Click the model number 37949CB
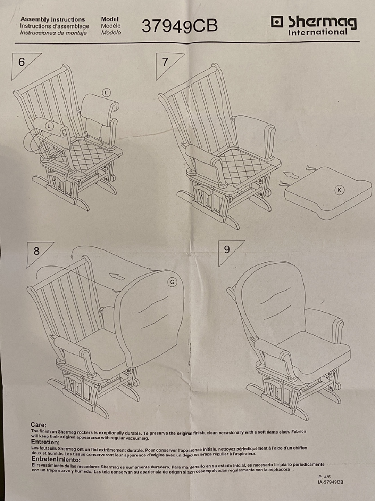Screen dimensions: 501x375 (180, 26)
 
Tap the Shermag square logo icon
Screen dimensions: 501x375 (277, 22)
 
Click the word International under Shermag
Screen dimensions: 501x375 (317, 32)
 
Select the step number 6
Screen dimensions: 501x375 (22, 62)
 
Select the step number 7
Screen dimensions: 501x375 (165, 62)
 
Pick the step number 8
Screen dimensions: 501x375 (36, 251)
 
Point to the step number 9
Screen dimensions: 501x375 (227, 249)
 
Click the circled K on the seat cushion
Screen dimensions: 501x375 (339, 190)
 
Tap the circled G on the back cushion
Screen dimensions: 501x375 (172, 282)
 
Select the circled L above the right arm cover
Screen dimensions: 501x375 (106, 92)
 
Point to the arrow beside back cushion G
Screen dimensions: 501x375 (117, 277)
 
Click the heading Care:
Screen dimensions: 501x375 (38, 425)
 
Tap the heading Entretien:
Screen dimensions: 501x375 (45, 442)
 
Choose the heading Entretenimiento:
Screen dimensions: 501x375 (56, 459)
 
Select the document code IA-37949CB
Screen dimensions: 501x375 (330, 482)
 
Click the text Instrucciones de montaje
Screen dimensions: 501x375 (53, 33)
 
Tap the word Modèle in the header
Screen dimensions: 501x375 (111, 26)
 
